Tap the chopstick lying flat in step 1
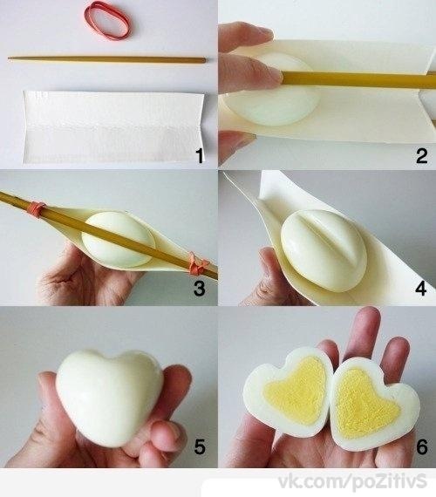tap(107, 59)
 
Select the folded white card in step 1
tap(113, 127)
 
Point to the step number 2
tap(421, 155)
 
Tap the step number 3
tap(199, 289)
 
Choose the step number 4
tap(421, 289)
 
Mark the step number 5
tap(200, 446)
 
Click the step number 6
tap(422, 446)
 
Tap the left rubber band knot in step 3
tap(37, 210)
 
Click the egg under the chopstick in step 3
tap(118, 239)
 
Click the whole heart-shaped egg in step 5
tap(109, 396)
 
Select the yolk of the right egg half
tap(363, 400)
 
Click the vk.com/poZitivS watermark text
tap(352, 482)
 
